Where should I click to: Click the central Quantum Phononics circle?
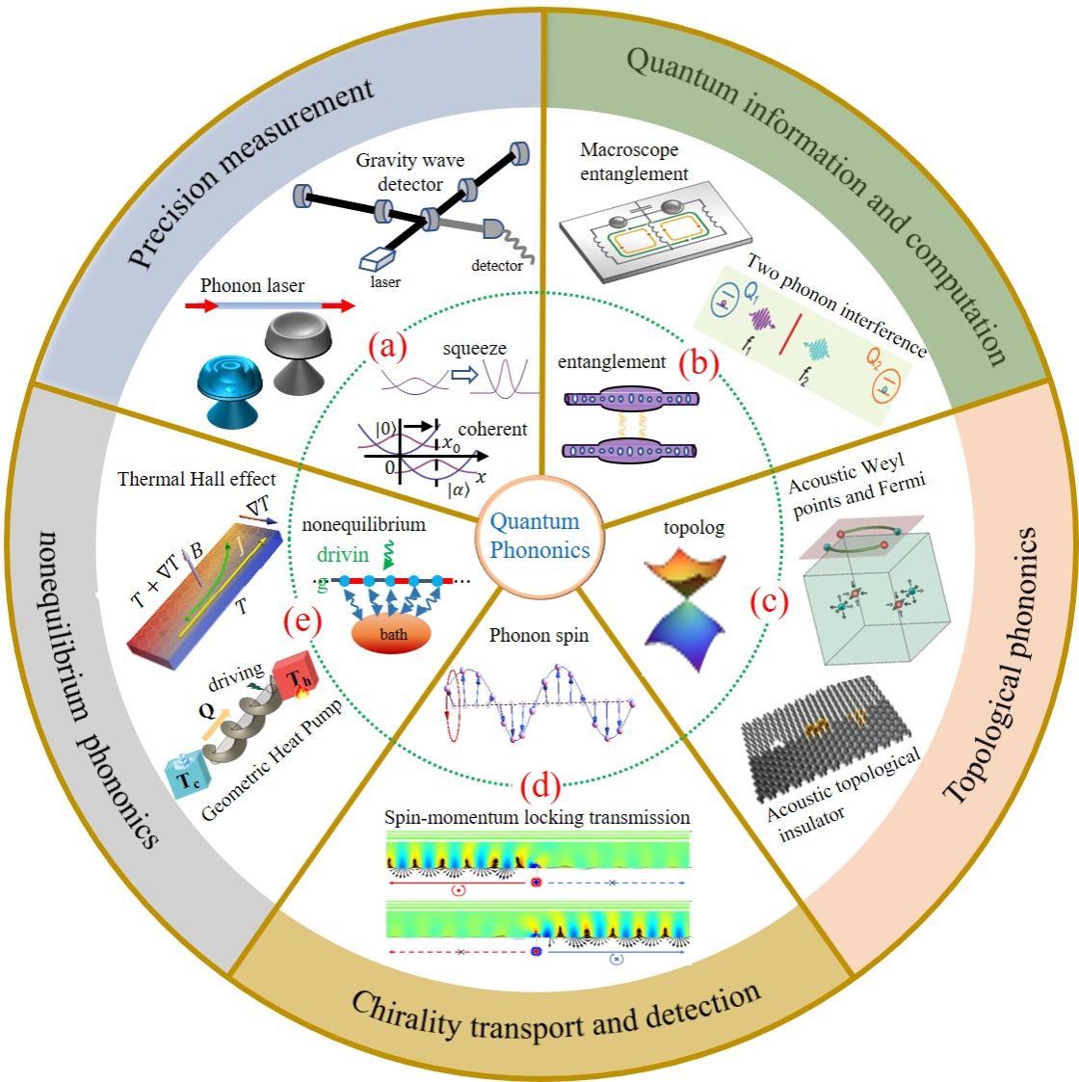tap(539, 536)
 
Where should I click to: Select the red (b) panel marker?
tap(699, 364)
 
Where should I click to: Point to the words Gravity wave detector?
tap(410, 172)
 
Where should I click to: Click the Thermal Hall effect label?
tap(197, 479)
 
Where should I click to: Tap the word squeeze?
tap(474, 348)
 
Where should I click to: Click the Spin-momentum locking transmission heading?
tap(538, 818)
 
